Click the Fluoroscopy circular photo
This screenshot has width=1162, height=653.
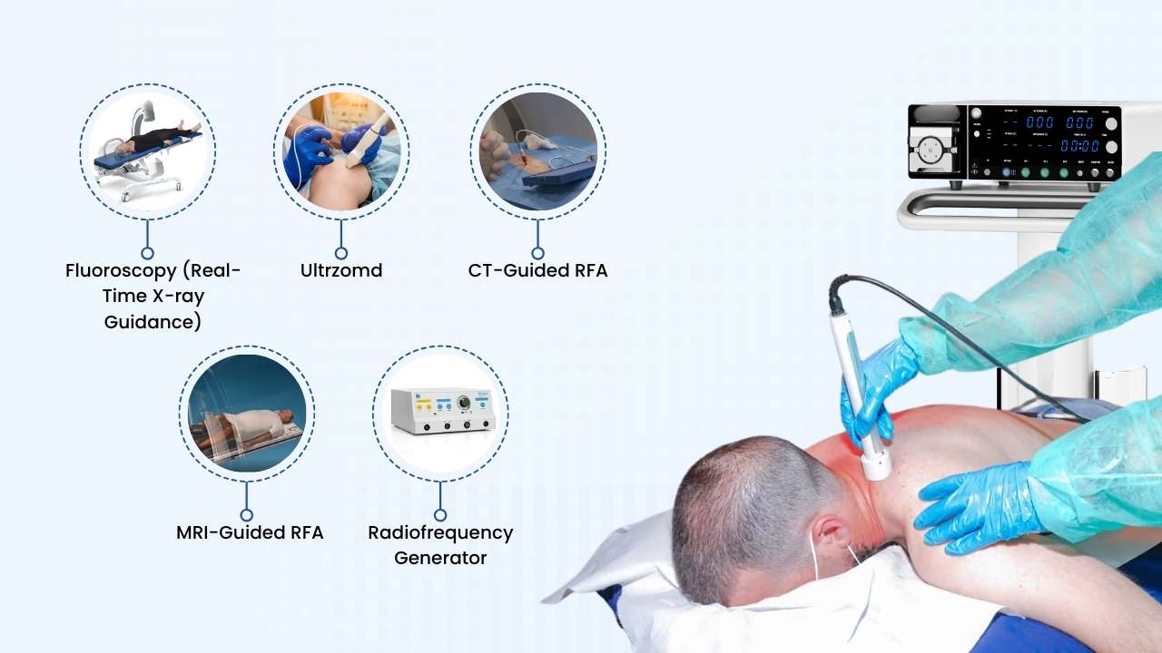tap(147, 151)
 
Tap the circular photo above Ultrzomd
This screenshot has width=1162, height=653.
tap(341, 151)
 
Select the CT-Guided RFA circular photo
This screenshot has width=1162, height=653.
tap(538, 151)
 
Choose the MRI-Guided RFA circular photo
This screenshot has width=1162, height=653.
tap(247, 413)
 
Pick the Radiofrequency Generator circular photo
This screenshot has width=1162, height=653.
tap(440, 413)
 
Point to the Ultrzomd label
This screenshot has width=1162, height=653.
tap(341, 270)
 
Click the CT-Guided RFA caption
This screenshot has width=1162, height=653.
tap(537, 270)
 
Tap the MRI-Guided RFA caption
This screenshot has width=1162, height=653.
tap(250, 532)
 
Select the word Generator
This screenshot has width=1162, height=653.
tap(440, 558)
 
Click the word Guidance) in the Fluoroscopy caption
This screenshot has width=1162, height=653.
tap(153, 322)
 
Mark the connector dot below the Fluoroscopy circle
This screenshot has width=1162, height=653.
tap(147, 253)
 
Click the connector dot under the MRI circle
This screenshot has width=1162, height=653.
tap(247, 514)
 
